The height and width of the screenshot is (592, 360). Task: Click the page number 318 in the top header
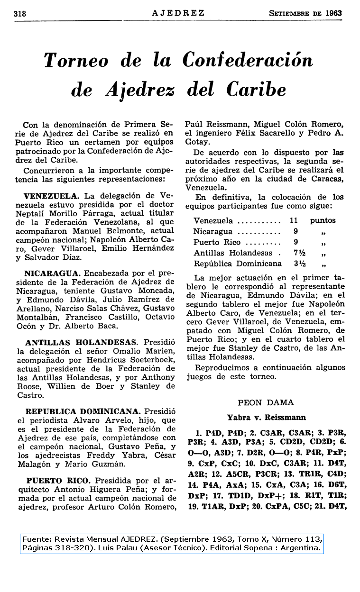pyautogui.click(x=20, y=14)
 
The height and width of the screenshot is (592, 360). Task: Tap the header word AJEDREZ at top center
pyautogui.click(x=178, y=13)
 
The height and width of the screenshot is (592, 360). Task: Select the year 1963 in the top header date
pyautogui.click(x=333, y=13)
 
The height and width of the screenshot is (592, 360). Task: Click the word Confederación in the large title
pyautogui.click(x=248, y=61)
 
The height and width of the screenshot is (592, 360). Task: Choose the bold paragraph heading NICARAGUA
pyautogui.click(x=52, y=273)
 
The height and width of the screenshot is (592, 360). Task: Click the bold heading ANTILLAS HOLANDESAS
pyautogui.click(x=81, y=342)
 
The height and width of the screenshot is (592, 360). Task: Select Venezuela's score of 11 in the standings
pyautogui.click(x=294, y=220)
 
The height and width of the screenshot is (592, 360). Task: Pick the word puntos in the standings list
pyautogui.click(x=323, y=220)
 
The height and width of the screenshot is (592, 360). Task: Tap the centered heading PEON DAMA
pyautogui.click(x=266, y=403)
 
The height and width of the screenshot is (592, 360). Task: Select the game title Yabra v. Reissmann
pyautogui.click(x=266, y=418)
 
